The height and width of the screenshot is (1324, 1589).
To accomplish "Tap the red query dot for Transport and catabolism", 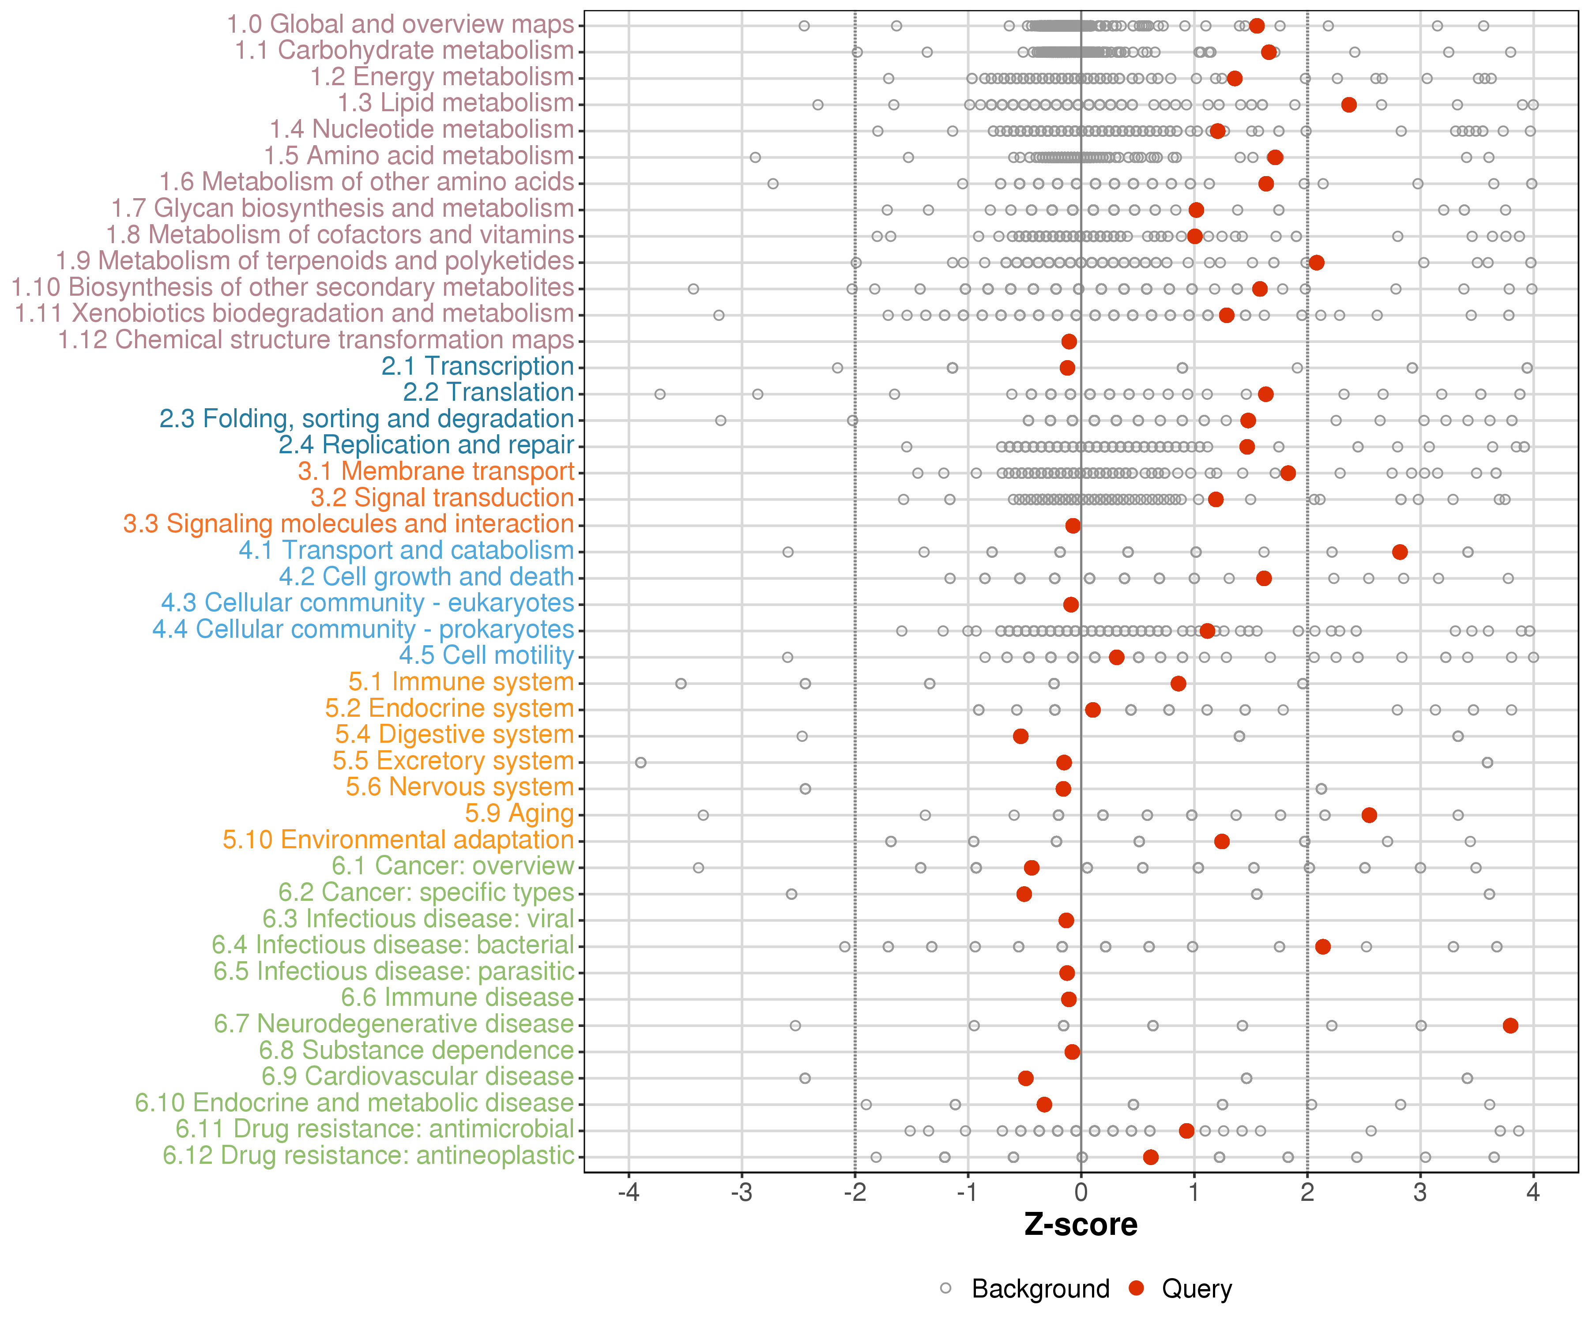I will point(1400,552).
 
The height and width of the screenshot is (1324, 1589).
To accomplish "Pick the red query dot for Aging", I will point(1369,815).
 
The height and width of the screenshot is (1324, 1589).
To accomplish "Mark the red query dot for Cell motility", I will point(1116,657).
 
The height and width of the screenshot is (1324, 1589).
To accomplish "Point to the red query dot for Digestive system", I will point(1021,736).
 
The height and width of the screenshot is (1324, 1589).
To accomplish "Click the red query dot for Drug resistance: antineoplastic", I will point(1151,1157).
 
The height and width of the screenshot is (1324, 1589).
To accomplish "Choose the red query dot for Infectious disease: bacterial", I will point(1323,947).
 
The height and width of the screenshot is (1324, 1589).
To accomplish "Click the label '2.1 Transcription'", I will point(478,366).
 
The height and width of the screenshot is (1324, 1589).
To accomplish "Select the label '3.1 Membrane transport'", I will point(436,471).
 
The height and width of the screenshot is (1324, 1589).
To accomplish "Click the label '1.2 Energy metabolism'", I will point(442,77).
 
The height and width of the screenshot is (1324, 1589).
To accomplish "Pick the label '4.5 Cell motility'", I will point(486,655).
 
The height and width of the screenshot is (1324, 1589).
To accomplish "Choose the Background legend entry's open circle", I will point(946,1288).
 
